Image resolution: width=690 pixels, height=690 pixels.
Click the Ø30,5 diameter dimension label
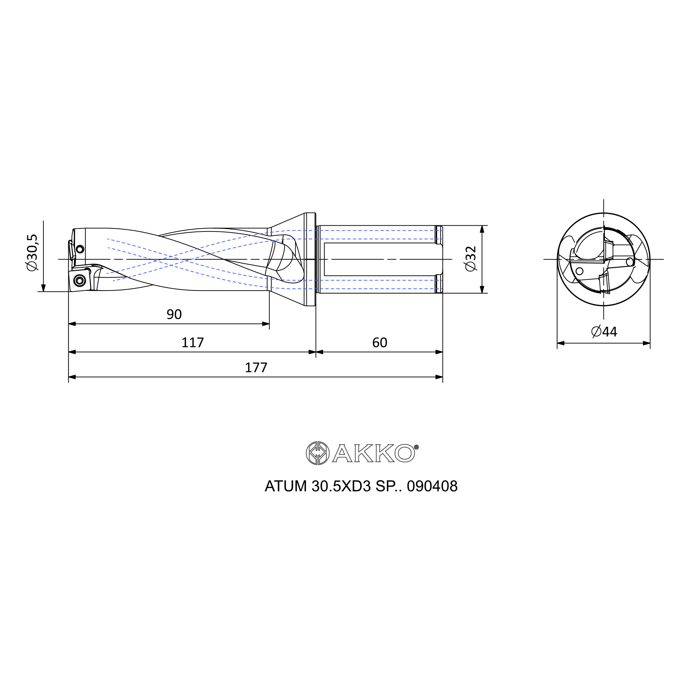point(32,253)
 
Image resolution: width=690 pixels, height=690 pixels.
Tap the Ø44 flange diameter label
point(604,332)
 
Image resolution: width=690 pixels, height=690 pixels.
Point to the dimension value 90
point(174,314)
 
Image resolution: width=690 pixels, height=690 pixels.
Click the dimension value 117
point(193,343)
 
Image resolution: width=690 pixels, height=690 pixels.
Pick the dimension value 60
point(379,343)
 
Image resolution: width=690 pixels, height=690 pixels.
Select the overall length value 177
point(256,367)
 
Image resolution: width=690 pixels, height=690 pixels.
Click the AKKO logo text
point(374,453)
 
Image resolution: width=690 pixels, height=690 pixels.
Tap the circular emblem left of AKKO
point(317,453)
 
